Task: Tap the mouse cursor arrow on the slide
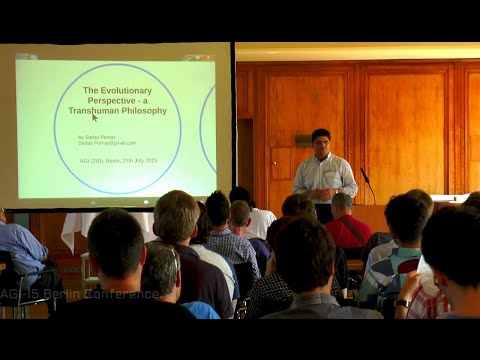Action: tap(95, 118)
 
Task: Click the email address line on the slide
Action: tap(105, 143)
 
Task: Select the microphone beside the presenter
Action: tap(363, 176)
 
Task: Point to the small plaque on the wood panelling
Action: tap(303, 141)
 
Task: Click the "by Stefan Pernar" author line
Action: tap(97, 136)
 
